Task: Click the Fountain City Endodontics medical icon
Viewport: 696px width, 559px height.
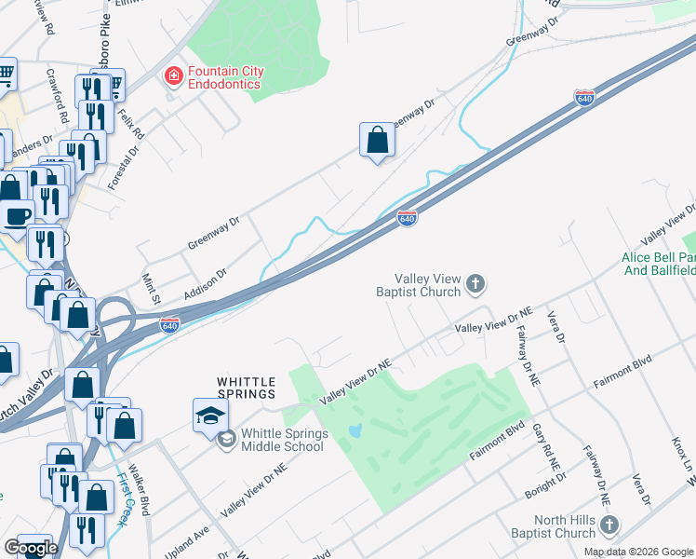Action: [x=173, y=76]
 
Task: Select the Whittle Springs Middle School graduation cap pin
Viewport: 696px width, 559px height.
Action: [x=210, y=415]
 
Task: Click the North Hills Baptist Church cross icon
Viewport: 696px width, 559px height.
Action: [x=609, y=525]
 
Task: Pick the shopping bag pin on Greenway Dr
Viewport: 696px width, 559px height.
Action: [x=377, y=141]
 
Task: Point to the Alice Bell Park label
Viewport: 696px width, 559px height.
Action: [x=659, y=264]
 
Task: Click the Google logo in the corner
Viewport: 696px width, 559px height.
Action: [x=31, y=548]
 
